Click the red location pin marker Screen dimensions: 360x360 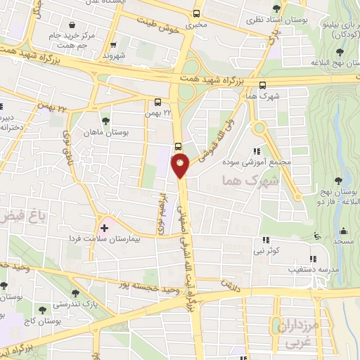click(181, 166)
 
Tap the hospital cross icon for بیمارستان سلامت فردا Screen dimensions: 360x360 click(104, 229)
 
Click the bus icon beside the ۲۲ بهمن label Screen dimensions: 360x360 click(157, 101)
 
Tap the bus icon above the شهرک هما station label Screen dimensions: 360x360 click(263, 84)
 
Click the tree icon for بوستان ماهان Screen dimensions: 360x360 click(106, 120)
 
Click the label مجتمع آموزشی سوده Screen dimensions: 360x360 click(260, 161)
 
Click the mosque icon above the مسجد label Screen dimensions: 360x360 click(343, 231)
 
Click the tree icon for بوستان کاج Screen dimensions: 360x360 click(43, 309)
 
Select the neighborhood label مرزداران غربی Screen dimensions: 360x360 click(297, 334)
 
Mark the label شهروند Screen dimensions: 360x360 click(112, 53)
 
